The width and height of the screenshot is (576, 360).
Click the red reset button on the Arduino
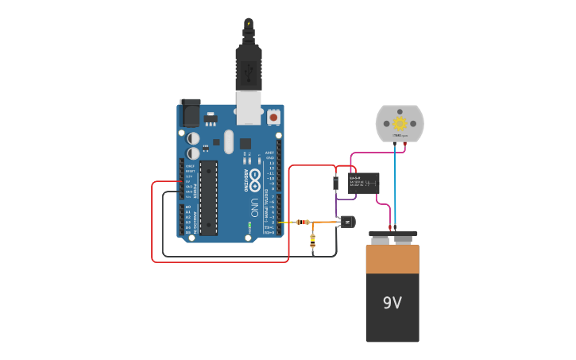(x=273, y=117)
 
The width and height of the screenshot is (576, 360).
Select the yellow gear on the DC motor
(x=400, y=123)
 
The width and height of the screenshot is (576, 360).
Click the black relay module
(x=364, y=184)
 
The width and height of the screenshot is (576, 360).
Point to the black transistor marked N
(x=347, y=222)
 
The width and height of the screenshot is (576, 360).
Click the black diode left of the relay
(x=336, y=184)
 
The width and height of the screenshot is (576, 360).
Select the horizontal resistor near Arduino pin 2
(x=303, y=222)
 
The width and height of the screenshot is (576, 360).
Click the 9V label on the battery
(x=392, y=303)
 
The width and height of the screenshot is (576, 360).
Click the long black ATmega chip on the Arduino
(x=208, y=197)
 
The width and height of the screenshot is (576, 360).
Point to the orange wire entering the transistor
(x=326, y=222)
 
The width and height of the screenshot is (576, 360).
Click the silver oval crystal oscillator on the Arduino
(x=229, y=141)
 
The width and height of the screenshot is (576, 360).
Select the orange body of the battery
(x=392, y=260)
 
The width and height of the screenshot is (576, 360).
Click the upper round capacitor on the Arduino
(x=193, y=137)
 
